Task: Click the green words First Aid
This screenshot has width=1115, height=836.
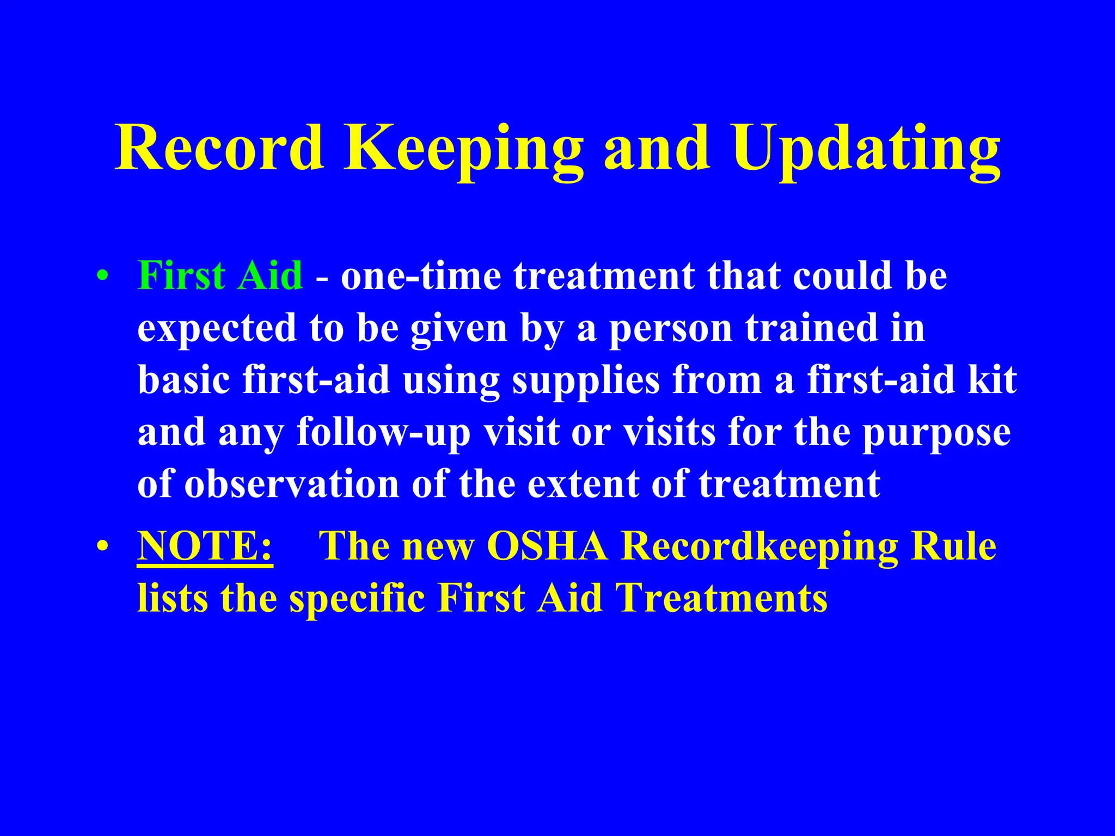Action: tap(220, 275)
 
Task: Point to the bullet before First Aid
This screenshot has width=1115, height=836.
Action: tap(102, 276)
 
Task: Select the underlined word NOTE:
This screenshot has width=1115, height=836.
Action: tap(205, 546)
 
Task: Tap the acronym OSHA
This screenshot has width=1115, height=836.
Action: tap(547, 546)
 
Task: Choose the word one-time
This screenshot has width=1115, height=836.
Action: tap(421, 275)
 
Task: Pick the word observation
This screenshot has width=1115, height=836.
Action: tap(292, 484)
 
